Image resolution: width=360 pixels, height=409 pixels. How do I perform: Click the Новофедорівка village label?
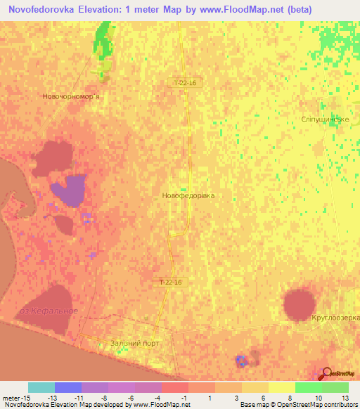pyautogui.click(x=188, y=196)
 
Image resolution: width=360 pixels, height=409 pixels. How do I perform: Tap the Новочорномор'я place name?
pyautogui.click(x=71, y=96)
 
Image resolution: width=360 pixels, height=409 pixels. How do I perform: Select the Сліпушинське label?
pyautogui.click(x=326, y=119)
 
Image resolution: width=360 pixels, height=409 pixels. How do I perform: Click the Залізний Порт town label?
pyautogui.click(x=135, y=344)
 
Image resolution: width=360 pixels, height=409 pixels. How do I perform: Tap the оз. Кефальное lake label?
pyautogui.click(x=49, y=311)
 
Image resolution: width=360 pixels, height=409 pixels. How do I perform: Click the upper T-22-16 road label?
pyautogui.click(x=186, y=82)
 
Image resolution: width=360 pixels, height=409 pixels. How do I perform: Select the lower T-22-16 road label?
pyautogui.click(x=169, y=283)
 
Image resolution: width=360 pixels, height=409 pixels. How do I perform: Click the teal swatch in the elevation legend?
pyautogui.click(x=41, y=387)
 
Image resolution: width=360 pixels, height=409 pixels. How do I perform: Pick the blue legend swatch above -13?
pyautogui.click(x=68, y=387)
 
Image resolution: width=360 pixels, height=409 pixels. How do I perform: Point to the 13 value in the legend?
pyautogui.click(x=344, y=397)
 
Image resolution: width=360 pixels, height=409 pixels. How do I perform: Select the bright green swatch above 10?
pyautogui.click(x=309, y=387)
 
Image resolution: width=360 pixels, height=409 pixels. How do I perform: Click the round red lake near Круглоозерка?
pyautogui.click(x=300, y=304)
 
